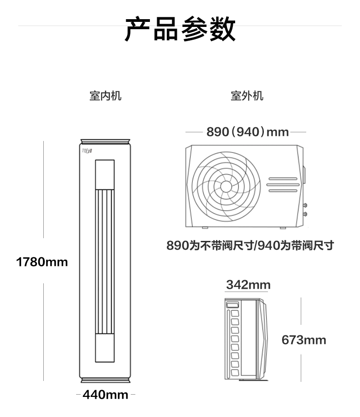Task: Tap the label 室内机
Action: tap(105, 96)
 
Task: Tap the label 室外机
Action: tap(247, 96)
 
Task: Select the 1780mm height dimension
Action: tap(41, 262)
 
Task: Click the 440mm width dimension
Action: tap(105, 395)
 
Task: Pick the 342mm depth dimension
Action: tap(248, 285)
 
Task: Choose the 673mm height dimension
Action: tap(304, 340)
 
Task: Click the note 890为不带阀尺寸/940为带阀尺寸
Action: tap(250, 245)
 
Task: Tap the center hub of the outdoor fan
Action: tap(226, 186)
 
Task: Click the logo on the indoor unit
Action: tap(87, 151)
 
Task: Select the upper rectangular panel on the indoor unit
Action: tap(105, 174)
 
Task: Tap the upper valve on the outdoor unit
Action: tap(304, 204)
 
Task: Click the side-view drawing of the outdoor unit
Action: tap(248, 339)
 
